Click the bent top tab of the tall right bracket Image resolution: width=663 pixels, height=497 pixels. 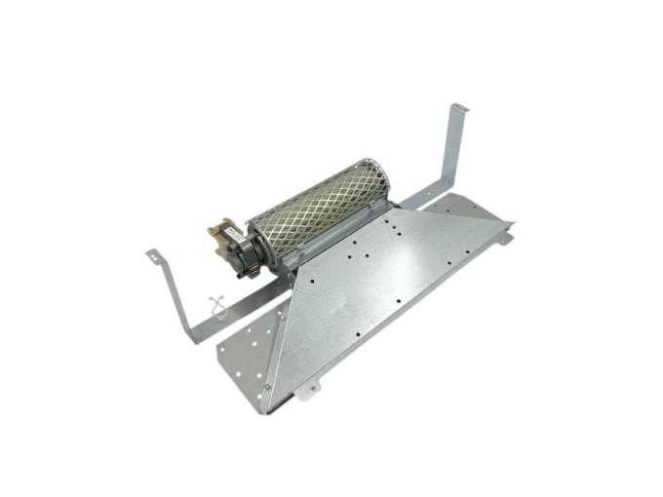(x=458, y=106)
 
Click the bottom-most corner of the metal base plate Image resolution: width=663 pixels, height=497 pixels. (x=264, y=410)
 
